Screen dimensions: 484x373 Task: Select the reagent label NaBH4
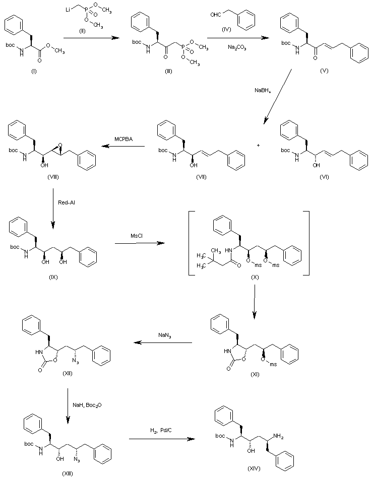[x=263, y=91]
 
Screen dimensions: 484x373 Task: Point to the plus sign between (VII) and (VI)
[x=259, y=145]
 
